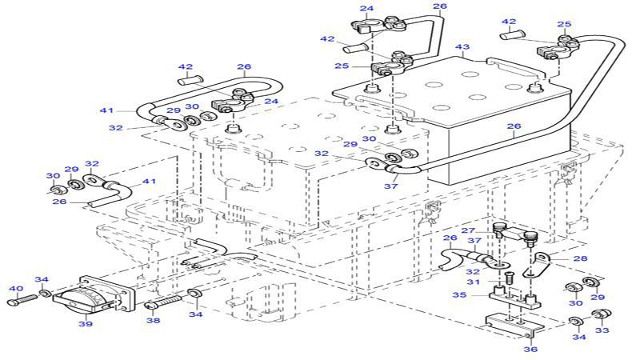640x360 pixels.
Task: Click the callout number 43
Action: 462,48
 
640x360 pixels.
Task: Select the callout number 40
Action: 15,288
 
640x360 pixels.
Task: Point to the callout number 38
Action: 152,322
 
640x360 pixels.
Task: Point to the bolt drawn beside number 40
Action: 24,302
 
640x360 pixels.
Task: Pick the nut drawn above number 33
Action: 605,312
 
